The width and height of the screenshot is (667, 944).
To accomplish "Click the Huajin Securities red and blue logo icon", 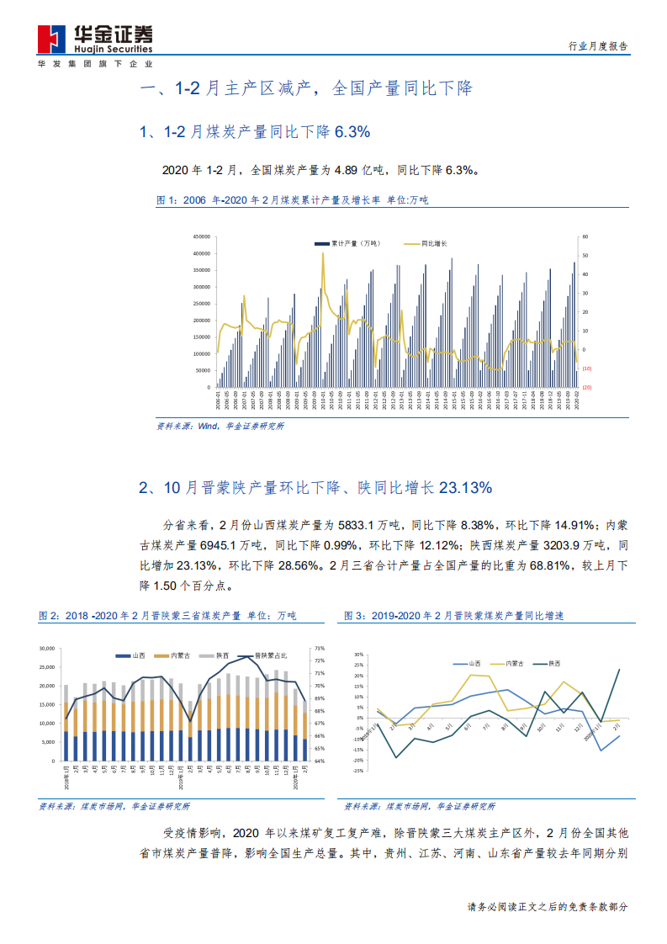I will pos(52,37).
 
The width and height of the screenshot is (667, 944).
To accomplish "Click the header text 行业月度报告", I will pos(598,47).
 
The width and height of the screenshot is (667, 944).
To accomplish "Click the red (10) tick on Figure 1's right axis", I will pos(586,369).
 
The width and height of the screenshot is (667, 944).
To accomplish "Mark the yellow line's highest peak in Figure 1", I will pos(323,253).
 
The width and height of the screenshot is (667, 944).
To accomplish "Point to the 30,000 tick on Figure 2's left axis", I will pos(47,648).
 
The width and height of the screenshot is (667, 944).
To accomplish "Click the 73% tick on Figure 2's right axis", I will pos(319,648).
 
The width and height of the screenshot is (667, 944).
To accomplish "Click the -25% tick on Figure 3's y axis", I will pos(357,770).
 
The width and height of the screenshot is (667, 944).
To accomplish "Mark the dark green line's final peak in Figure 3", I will pos(621,670).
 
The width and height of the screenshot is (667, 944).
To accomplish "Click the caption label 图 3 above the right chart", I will pos(353,617).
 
